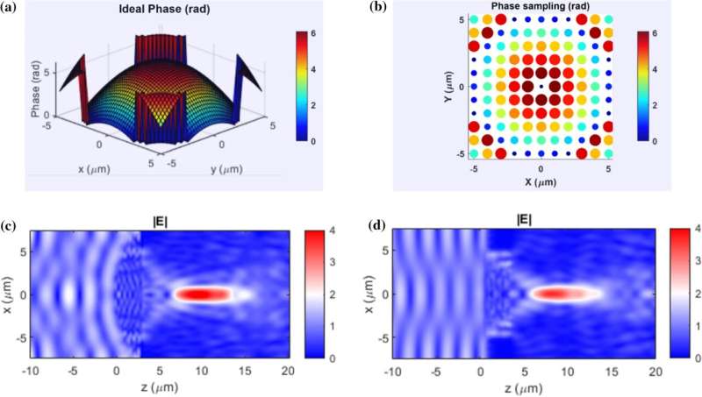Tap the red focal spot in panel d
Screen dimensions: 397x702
pos(556,295)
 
